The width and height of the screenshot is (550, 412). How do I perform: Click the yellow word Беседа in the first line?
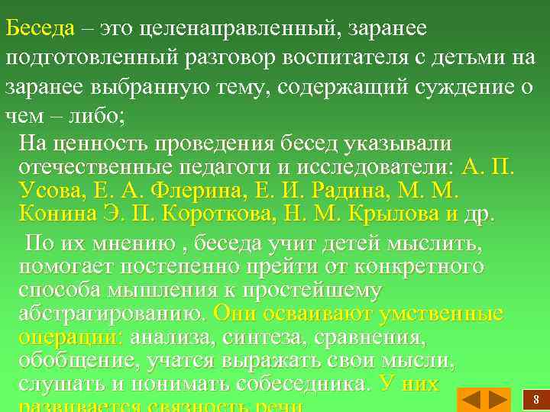coord(40,28)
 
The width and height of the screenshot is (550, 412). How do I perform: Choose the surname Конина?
coord(54,213)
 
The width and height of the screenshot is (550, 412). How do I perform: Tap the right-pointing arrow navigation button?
coord(498,399)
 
